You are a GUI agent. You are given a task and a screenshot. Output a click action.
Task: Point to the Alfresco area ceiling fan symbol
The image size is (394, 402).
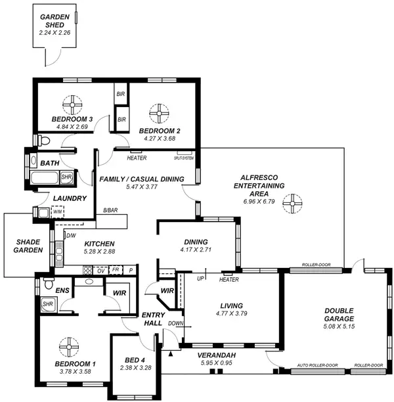[290, 205]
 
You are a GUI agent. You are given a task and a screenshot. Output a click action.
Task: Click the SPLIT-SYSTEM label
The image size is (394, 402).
[184, 158]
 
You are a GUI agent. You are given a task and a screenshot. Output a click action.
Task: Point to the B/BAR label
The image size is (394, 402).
[110, 211]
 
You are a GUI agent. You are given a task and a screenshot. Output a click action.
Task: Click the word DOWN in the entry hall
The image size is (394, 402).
[175, 323]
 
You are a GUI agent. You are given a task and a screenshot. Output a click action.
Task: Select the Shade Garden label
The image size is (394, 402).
[29, 246]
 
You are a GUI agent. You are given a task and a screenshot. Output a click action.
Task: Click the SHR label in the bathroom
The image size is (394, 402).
[66, 177]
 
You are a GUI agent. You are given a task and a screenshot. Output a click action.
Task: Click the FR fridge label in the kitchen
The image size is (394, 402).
[116, 270]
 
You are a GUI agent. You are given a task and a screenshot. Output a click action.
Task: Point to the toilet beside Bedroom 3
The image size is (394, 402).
[43, 140]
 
